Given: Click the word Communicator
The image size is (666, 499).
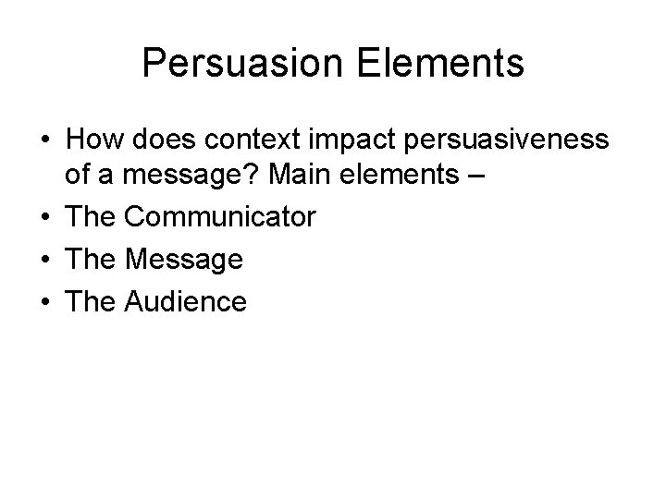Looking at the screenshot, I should tap(220, 218).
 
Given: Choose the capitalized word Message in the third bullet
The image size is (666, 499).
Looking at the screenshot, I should tap(184, 260).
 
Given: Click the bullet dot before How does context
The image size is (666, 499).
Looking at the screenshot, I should tap(44, 140).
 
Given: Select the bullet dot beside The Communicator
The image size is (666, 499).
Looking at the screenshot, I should tap(44, 219).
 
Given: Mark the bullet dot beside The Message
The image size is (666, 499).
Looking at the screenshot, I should tap(44, 261).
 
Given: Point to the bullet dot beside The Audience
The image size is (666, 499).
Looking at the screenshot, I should tap(44, 301).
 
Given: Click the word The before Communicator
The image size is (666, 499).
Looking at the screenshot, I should tap(90, 218).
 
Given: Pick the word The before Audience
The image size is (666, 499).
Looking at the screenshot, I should tap(90, 300).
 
